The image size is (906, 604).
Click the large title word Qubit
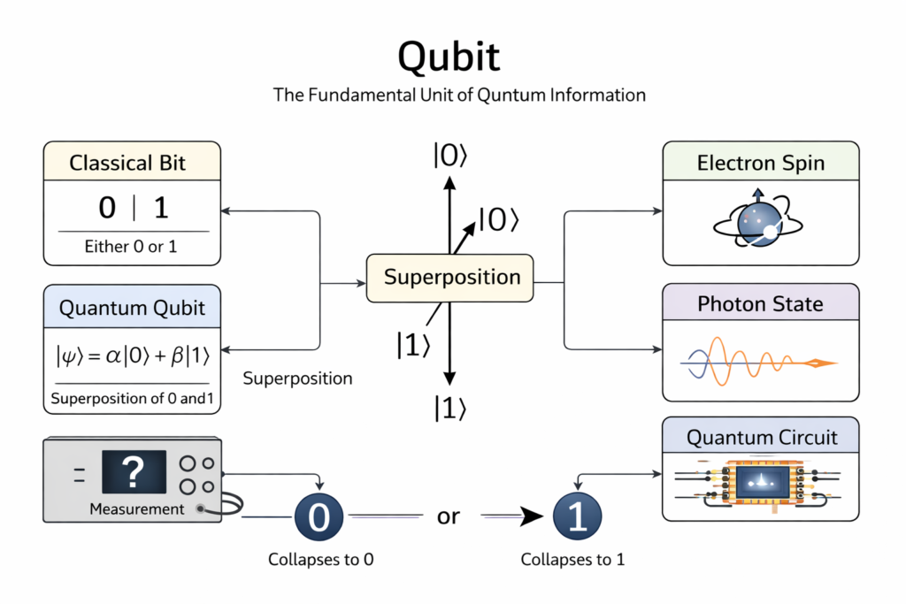click(449, 57)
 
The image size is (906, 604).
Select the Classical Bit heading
click(133, 164)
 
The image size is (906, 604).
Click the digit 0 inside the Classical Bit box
click(107, 208)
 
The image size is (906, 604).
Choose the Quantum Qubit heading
click(132, 308)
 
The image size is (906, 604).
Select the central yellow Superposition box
click(451, 277)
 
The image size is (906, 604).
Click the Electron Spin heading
click(760, 163)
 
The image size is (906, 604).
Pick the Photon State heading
click(760, 304)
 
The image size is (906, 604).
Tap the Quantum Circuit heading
click(761, 437)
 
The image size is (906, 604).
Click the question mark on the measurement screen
click(134, 472)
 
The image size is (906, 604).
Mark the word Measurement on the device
click(137, 509)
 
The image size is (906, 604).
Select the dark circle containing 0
click(319, 516)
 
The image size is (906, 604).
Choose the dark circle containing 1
click(577, 516)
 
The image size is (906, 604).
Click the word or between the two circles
click(449, 516)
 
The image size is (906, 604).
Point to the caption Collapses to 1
click(572, 560)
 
